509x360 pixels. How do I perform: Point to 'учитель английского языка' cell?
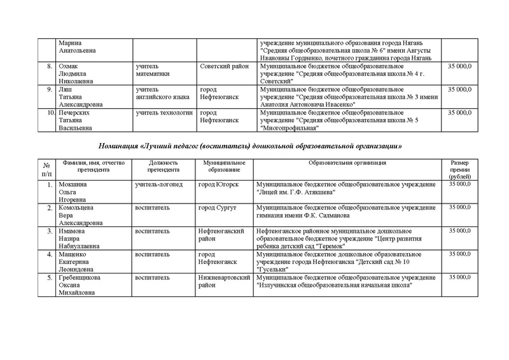click(162, 93)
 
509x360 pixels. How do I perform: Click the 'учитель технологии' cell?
click(164, 113)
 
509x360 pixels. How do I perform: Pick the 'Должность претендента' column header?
click(164, 167)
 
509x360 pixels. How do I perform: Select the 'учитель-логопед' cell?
click(159, 184)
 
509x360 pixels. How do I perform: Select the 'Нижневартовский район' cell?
click(224, 281)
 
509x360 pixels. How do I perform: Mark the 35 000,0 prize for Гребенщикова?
click(460, 277)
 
